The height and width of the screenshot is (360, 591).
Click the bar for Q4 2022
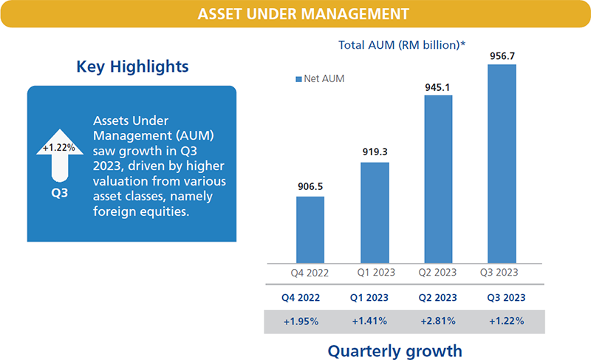(x=310, y=229)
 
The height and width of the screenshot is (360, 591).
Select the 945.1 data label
(x=437, y=87)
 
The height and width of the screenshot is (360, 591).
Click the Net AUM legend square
(x=298, y=78)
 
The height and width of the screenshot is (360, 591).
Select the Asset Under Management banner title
(x=295, y=14)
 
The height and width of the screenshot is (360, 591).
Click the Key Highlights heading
(x=132, y=67)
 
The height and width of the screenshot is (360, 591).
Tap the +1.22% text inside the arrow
(x=58, y=147)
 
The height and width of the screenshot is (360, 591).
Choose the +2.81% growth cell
(x=437, y=322)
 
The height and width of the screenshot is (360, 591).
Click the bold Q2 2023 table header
(x=437, y=299)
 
